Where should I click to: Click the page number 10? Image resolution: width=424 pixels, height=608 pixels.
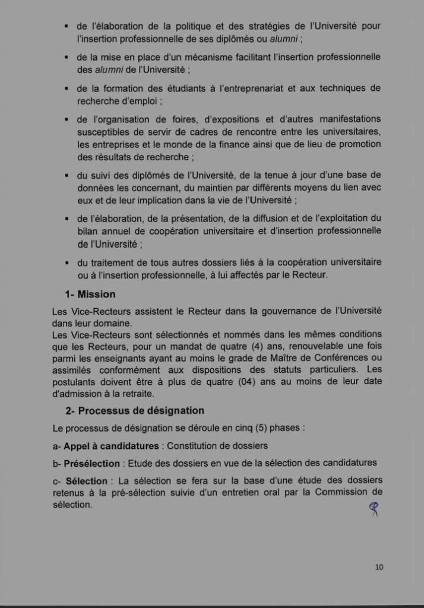click(x=379, y=566)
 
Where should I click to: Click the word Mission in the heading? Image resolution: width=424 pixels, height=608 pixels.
click(x=96, y=294)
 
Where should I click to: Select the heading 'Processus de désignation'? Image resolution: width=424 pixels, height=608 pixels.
click(x=141, y=410)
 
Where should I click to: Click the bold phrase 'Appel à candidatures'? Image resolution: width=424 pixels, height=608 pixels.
click(x=111, y=445)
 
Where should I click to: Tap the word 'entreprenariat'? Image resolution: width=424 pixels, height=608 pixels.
click(x=264, y=88)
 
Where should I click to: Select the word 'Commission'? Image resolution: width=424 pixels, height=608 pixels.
click(x=341, y=492)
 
